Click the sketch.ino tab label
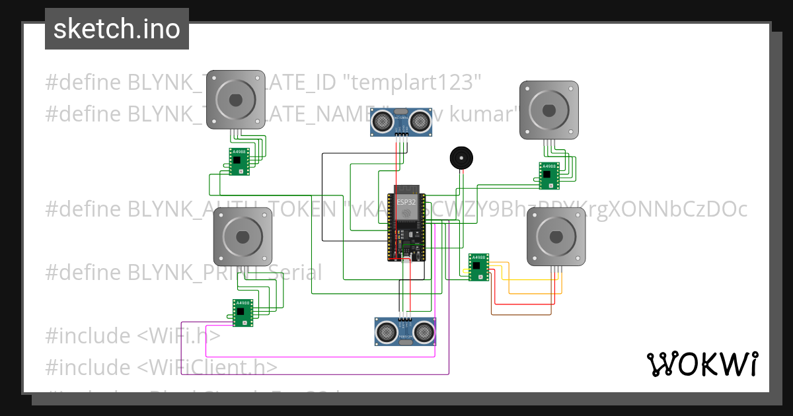116,29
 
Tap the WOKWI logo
702,364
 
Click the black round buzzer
461,158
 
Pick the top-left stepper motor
236,100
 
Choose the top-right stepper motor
548,110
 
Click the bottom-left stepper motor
243,237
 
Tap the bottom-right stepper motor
556,238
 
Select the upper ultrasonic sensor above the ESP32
400,121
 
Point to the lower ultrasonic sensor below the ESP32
405,331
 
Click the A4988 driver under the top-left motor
239,162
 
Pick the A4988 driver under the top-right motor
548,175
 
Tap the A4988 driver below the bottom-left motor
243,312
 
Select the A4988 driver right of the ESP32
478,267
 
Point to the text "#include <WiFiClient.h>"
161,367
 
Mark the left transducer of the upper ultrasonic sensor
382,121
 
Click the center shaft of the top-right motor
548,110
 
